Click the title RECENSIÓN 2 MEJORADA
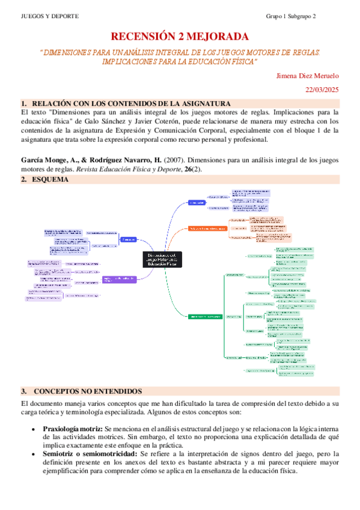tap(180, 37)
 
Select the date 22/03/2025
tap(323, 90)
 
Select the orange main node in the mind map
tap(207, 229)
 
